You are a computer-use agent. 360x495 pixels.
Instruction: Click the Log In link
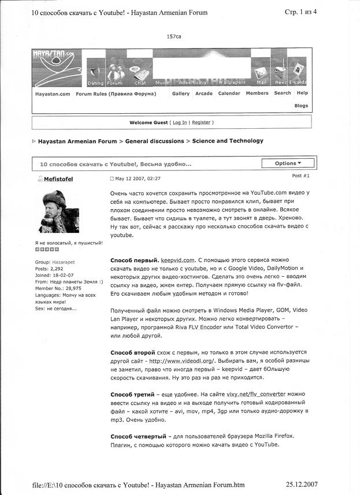pos(180,122)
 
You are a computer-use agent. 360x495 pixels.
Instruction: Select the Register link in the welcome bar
pos(201,122)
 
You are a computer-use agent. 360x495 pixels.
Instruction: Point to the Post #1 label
pos(300,175)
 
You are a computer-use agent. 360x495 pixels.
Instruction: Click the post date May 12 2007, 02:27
pos(139,179)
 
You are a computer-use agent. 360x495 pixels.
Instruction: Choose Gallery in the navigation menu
pos(181,94)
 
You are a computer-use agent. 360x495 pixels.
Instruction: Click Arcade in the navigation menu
pos(204,94)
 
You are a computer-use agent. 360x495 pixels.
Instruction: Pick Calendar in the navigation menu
pos(229,94)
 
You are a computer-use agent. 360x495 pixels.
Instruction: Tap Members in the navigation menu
pos(257,94)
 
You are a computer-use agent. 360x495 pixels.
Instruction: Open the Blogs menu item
pos(301,106)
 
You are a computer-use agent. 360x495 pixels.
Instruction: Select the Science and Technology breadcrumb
pos(228,141)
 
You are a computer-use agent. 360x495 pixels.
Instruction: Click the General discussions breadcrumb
pos(151,141)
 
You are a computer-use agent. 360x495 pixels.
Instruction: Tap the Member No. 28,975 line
pos(58,288)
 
